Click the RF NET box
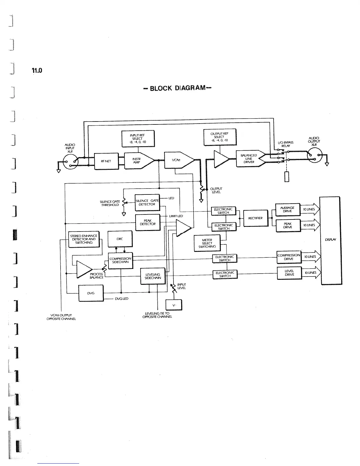106,161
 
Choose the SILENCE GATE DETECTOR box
147,202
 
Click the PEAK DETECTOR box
147,222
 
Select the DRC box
120,239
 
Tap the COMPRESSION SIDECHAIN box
120,260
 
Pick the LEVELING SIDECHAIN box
153,276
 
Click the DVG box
91,293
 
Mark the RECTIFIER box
256,218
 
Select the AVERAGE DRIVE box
287,209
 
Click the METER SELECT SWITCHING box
207,243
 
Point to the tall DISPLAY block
329,240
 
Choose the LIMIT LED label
176,216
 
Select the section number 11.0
37,71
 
